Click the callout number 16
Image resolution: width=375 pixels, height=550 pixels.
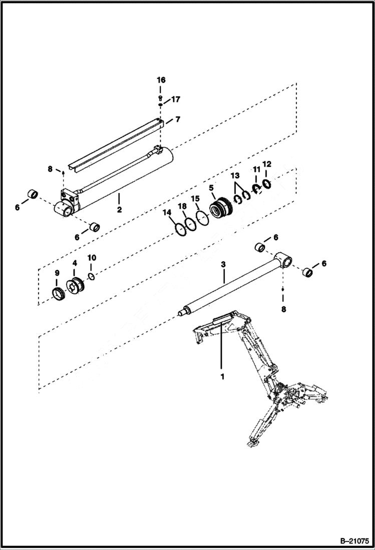[160, 80]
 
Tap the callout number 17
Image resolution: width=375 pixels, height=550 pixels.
[175, 99]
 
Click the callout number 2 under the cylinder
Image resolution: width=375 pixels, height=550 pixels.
[119, 209]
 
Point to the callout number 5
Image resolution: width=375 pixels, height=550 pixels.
[211, 188]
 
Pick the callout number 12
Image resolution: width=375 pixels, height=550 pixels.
[267, 164]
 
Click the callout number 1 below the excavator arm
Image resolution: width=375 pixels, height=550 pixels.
[220, 375]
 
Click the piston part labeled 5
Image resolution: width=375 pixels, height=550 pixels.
[222, 208]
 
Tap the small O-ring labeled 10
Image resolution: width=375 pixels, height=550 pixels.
[91, 277]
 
